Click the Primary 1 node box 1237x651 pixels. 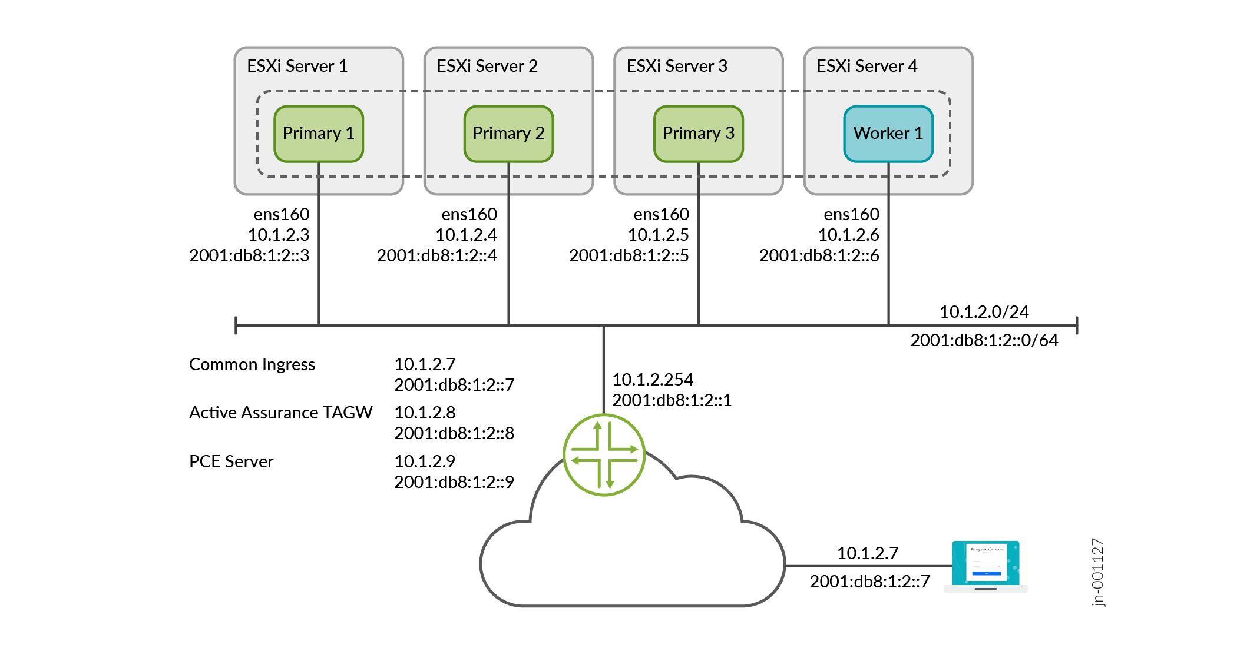pos(319,134)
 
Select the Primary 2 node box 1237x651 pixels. pos(508,134)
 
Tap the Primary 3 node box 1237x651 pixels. pos(699,134)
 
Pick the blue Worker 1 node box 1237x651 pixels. pos(888,134)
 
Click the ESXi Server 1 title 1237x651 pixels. pos(297,66)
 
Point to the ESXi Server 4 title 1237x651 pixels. pos(867,66)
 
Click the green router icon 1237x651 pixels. pos(604,455)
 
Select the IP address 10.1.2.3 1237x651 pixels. pos(279,235)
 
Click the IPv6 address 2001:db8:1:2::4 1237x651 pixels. pos(437,255)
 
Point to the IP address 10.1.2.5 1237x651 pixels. pos(659,235)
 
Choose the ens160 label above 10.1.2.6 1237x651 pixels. pos(852,214)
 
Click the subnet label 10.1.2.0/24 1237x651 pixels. pos(984,312)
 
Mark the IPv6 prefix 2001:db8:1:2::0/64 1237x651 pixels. pos(984,340)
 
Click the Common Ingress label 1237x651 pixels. pos(252,365)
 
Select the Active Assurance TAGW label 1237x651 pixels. pos(281,413)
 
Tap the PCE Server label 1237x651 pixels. pos(231,461)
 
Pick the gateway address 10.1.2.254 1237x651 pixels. pos(653,380)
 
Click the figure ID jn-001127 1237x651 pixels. pos(1097,572)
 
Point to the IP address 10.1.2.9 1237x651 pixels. pos(425,461)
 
